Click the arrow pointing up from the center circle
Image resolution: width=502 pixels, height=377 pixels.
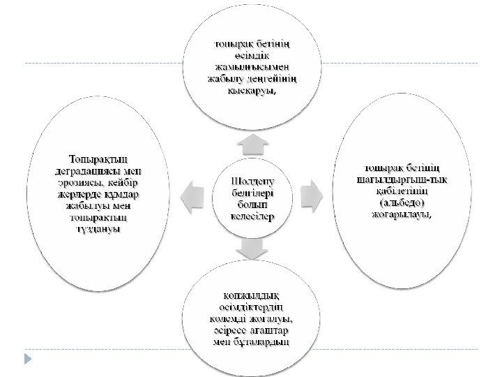click(252, 144)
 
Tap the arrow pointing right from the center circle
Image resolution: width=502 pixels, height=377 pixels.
click(310, 196)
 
